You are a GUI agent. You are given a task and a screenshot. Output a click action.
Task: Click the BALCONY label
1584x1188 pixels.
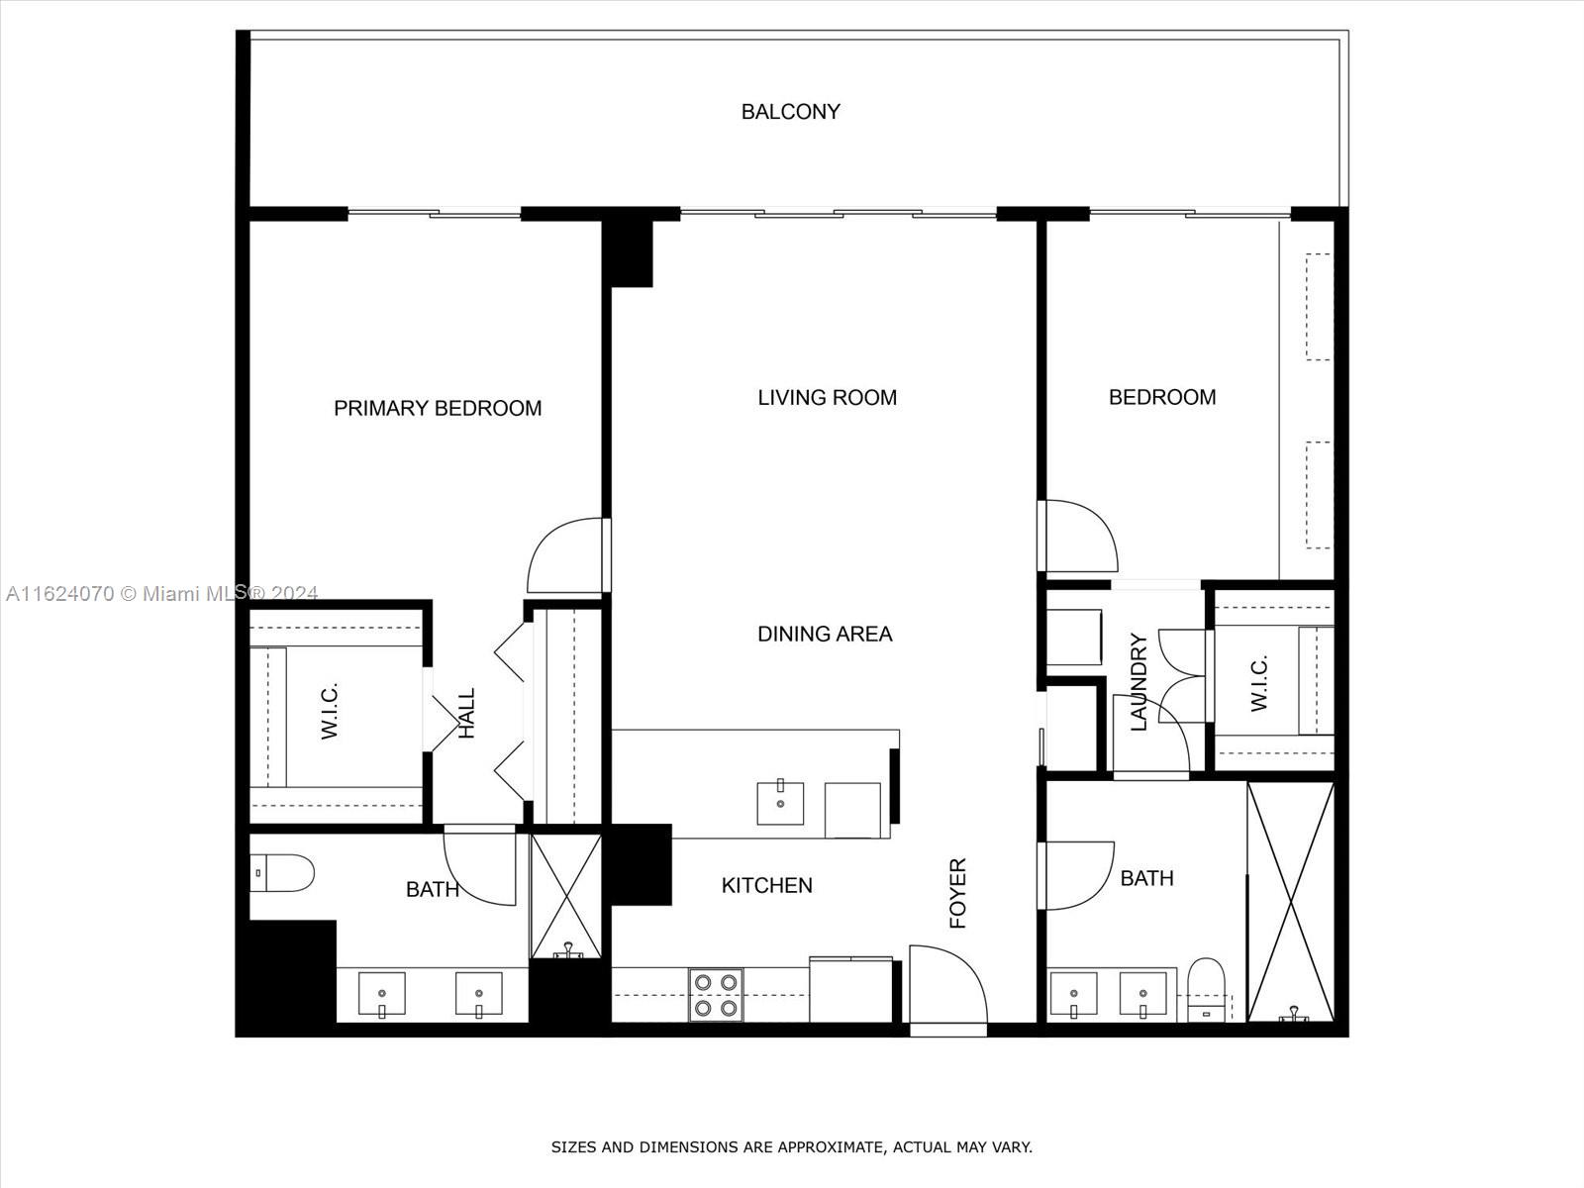(790, 112)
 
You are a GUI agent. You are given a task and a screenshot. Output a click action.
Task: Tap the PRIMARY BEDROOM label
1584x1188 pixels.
(438, 408)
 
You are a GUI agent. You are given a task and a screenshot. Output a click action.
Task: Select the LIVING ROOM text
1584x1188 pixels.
(827, 397)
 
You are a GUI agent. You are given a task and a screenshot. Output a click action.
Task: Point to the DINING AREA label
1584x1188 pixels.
(825, 634)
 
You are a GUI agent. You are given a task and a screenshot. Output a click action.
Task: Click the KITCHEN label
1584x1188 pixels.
(766, 885)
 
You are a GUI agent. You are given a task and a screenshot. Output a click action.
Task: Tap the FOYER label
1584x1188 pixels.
(957, 893)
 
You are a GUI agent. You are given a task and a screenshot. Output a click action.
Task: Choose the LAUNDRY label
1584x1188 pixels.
(1138, 682)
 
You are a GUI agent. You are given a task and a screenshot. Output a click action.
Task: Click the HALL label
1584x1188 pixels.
(467, 713)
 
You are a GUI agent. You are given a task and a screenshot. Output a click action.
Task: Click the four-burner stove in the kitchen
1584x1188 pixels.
(715, 995)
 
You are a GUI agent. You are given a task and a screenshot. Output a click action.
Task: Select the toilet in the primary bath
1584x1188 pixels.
(282, 873)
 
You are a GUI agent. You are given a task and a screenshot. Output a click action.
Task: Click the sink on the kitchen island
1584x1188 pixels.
(780, 803)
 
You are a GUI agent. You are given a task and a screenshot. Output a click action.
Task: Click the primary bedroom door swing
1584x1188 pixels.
(565, 555)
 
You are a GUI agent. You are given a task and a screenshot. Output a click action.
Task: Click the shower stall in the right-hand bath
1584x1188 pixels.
(1290, 902)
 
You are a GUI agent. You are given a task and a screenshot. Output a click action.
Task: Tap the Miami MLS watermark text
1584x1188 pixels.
(161, 593)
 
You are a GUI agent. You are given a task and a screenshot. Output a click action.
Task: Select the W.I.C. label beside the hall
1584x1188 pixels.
(329, 712)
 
